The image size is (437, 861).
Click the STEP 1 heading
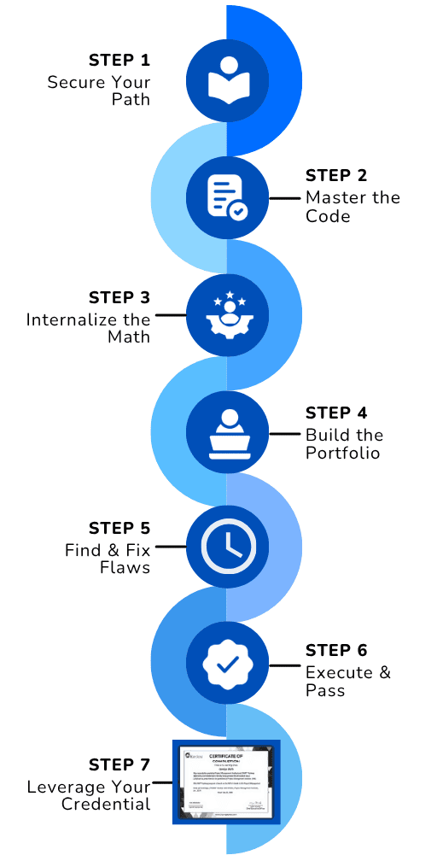[x=119, y=61]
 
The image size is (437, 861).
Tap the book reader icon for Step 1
[x=226, y=79]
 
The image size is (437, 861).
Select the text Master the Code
[x=353, y=207]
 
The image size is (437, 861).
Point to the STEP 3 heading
[x=119, y=297]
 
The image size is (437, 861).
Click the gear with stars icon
[x=226, y=313]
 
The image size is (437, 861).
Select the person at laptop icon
[x=226, y=431]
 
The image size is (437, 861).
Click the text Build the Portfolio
[x=345, y=444]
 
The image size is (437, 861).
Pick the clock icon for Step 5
[x=226, y=547]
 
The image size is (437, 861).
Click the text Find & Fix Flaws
[x=108, y=559]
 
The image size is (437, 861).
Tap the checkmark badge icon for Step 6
[x=226, y=664]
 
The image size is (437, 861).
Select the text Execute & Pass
[x=348, y=681]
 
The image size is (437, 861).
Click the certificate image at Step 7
[x=226, y=782]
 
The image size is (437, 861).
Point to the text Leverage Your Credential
[x=88, y=795]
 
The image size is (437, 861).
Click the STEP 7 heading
[x=119, y=764]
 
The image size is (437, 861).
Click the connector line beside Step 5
[x=169, y=547]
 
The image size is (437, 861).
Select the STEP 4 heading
[x=337, y=414]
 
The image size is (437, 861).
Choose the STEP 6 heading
[x=337, y=651]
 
